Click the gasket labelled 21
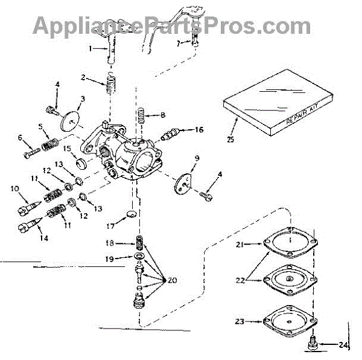pyautogui.click(x=291, y=246)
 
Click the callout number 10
pyautogui.click(x=15, y=188)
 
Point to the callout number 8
pyautogui.click(x=163, y=114)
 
